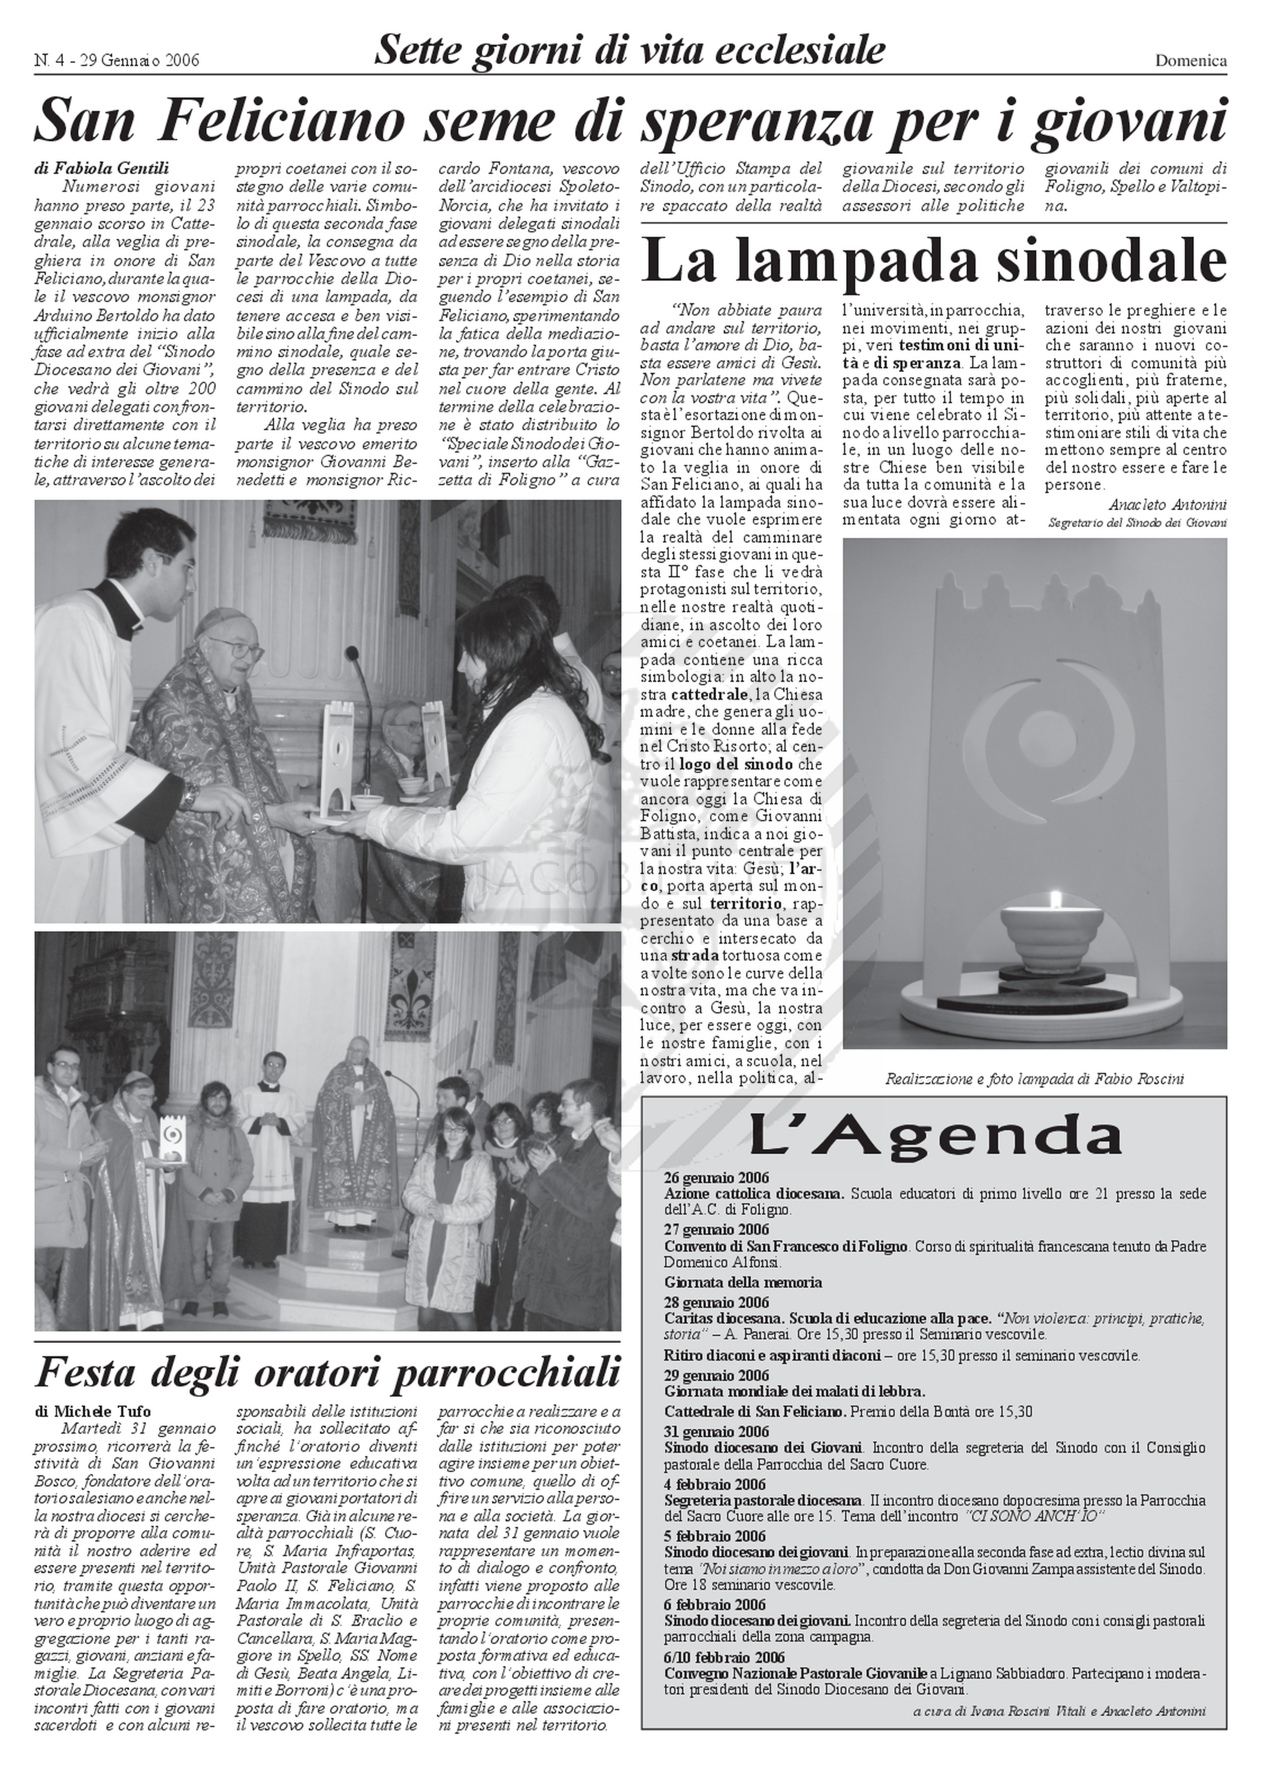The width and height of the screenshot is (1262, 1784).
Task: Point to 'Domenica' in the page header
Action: (x=1190, y=61)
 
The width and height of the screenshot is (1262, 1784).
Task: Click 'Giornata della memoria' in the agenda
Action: (x=743, y=1282)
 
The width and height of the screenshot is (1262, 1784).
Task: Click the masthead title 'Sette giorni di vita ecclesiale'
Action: (x=629, y=51)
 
